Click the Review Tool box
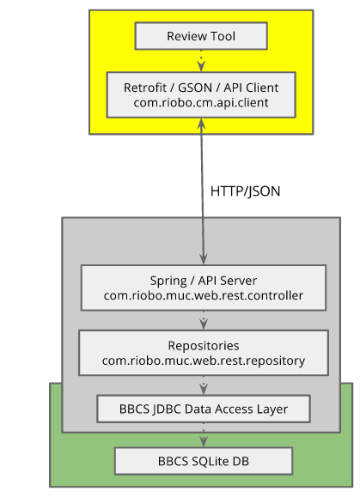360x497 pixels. [x=201, y=36]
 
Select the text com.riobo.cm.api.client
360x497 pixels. [x=201, y=103]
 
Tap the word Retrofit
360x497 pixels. [x=145, y=88]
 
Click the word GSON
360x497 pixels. [x=195, y=88]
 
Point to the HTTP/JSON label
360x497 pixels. [x=245, y=191]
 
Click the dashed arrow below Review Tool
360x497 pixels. [x=201, y=61]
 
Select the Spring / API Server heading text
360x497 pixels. [x=204, y=281]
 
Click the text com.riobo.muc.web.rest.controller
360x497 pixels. [x=204, y=295]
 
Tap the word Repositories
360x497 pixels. [x=204, y=345]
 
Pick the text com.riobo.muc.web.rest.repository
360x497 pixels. [x=204, y=361]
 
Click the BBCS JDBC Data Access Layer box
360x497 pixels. [x=204, y=409]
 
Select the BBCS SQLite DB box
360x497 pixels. [x=204, y=461]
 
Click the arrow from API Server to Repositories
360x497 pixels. [x=204, y=320]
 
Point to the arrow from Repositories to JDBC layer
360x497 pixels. [x=204, y=385]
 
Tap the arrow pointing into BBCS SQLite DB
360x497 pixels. [x=204, y=435]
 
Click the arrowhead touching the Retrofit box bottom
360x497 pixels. [x=201, y=123]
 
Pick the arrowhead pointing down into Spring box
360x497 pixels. [x=204, y=259]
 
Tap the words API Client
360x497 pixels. [x=251, y=88]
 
